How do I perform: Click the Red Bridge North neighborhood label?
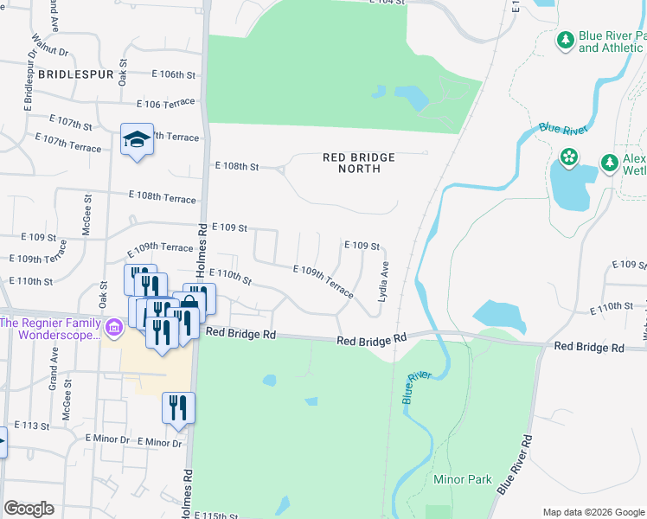point(358,163)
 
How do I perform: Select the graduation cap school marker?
point(137,139)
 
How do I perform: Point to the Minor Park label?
point(463,479)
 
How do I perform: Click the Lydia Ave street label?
point(381,283)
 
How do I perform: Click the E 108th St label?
point(237,166)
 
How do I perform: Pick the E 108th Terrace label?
point(163,198)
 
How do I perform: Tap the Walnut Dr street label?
point(43,41)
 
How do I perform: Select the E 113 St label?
point(33,426)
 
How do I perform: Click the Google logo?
point(29,509)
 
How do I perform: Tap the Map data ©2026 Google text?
point(593,512)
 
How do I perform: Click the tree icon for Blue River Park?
point(565,40)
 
